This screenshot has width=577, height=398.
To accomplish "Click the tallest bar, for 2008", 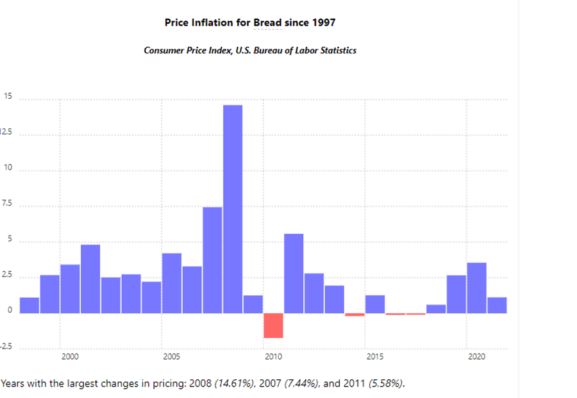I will pyautogui.click(x=233, y=209).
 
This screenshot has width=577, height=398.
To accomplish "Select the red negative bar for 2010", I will pyautogui.click(x=273, y=325).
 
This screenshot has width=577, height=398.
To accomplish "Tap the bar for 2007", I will pyautogui.click(x=212, y=260).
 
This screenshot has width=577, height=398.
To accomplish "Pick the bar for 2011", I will pyautogui.click(x=294, y=273).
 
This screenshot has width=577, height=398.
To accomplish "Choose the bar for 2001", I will pyautogui.click(x=90, y=279).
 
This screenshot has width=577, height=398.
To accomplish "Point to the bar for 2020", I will pyautogui.click(x=476, y=288).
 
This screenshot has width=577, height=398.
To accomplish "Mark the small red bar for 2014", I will pyautogui.click(x=355, y=315).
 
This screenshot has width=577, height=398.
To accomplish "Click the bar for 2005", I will pyautogui.click(x=172, y=283).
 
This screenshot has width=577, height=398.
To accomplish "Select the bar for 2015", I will pyautogui.click(x=375, y=304).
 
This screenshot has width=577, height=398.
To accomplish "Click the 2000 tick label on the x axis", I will pyautogui.click(x=71, y=356).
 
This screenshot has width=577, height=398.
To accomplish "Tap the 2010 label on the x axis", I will pyautogui.click(x=273, y=356).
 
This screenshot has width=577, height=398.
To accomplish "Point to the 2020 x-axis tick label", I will pyautogui.click(x=476, y=356).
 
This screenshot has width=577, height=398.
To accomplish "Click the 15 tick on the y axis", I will pyautogui.click(x=7, y=97).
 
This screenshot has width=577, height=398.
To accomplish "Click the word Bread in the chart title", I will pyautogui.click(x=267, y=23).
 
